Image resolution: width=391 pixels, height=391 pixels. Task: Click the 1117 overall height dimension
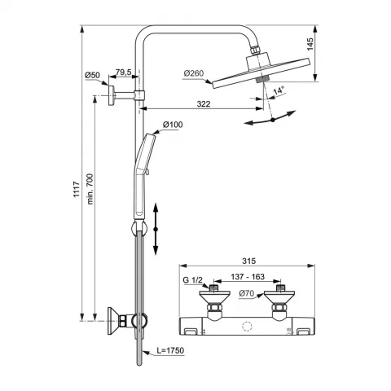click(x=77, y=189)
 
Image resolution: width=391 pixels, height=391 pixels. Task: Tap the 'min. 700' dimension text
click(x=90, y=189)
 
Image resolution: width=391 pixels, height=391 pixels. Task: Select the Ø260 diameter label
click(x=193, y=73)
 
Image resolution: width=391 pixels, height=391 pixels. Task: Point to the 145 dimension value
click(x=310, y=44)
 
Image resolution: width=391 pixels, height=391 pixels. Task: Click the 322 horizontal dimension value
click(x=204, y=103)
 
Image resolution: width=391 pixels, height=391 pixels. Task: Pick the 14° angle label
click(x=279, y=90)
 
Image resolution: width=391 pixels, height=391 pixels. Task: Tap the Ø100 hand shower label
click(x=173, y=125)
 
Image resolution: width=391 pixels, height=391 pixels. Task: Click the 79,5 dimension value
click(x=124, y=72)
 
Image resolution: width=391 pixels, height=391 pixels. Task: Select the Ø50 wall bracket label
click(x=92, y=75)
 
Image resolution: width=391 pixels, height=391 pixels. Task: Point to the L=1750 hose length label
click(x=170, y=350)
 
